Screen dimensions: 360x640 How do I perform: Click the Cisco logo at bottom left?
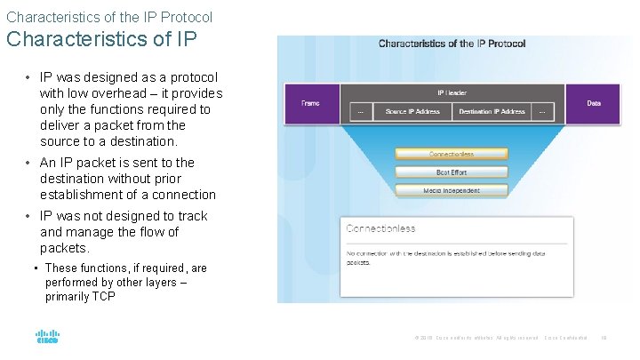47,337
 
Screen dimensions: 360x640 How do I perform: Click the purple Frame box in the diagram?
310,104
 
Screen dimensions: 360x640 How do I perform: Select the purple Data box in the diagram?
593,104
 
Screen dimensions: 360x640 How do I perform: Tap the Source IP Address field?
412,112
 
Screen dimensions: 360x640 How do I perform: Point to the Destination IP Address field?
492,112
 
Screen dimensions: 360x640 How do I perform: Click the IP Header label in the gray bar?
452,92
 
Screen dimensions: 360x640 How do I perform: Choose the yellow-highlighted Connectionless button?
452,154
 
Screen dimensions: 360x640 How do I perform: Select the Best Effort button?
452,172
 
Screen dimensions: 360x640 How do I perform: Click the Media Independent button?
452,190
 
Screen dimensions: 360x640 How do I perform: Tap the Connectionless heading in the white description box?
380,228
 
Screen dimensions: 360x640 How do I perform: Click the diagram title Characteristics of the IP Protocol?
452,44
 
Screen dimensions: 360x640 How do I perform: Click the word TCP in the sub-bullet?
103,297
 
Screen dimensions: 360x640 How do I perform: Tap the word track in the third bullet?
192,216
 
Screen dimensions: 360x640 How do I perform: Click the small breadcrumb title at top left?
108,16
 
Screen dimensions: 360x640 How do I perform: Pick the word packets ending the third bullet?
63,248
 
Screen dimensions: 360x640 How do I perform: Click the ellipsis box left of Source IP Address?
361,112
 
